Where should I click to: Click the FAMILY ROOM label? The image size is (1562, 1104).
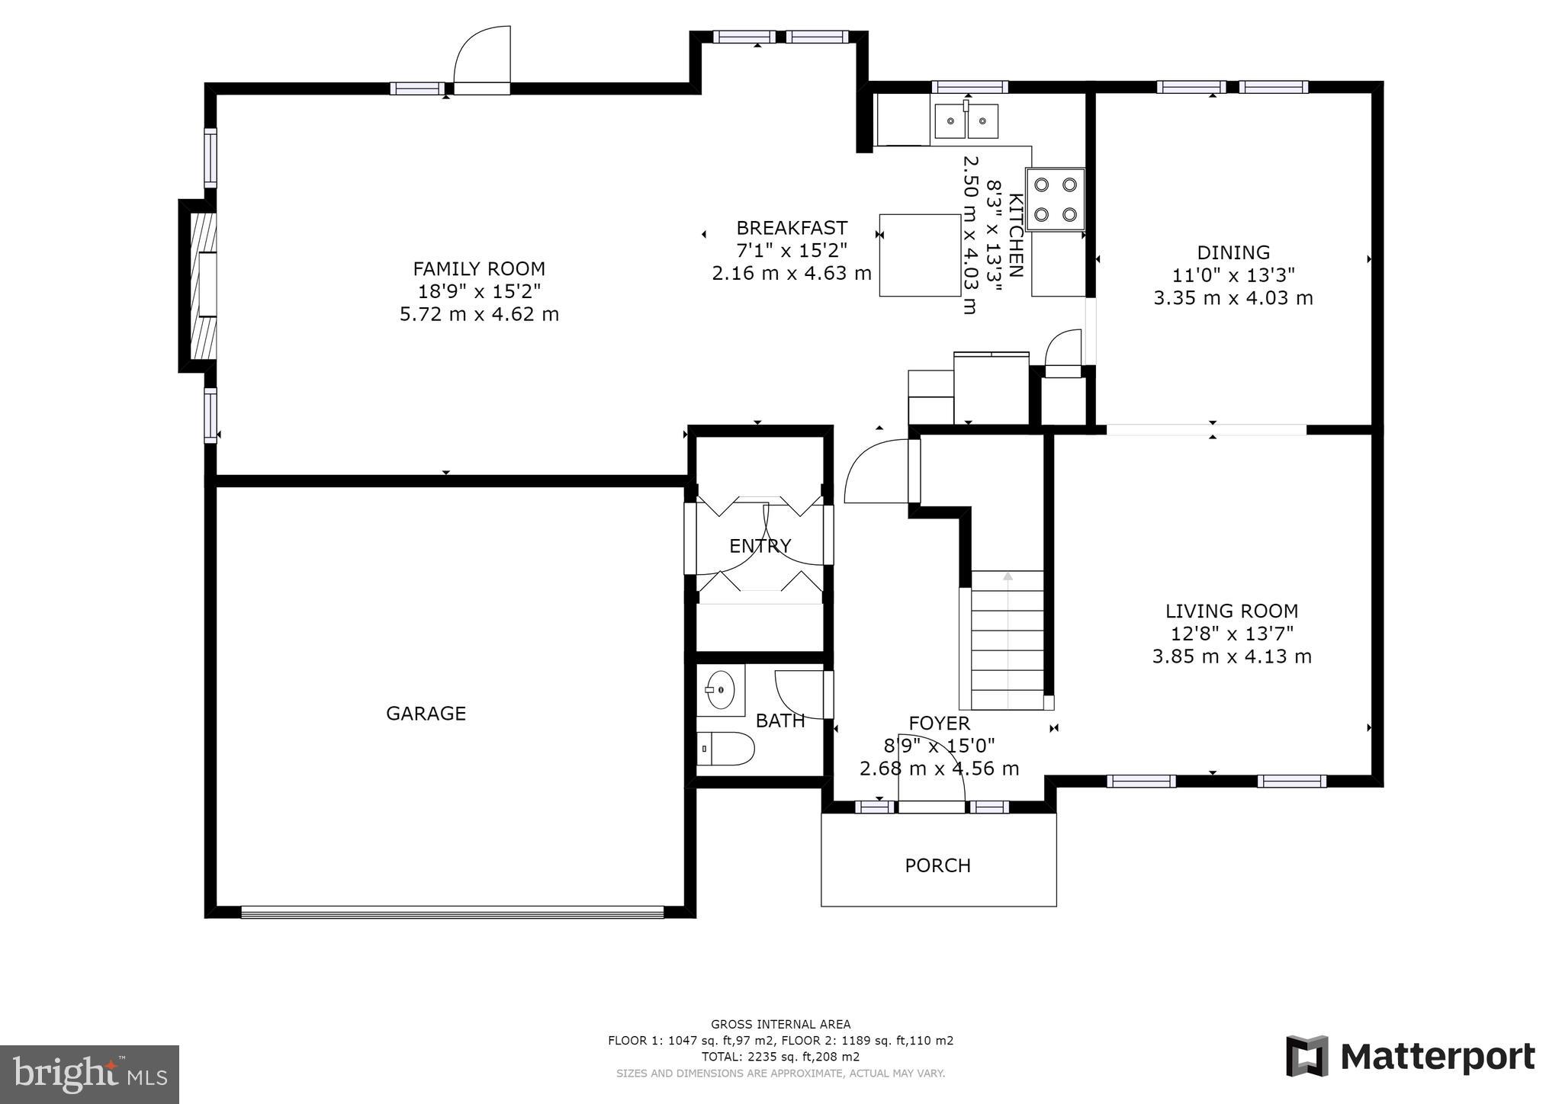point(479,268)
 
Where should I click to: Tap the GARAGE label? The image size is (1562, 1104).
point(426,713)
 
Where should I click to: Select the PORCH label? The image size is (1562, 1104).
point(937,865)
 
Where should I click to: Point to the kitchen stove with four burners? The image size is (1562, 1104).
point(1055,199)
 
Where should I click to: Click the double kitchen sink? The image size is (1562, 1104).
point(966,121)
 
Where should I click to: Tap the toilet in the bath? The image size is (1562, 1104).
point(725,749)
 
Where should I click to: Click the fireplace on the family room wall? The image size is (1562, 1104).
point(198,286)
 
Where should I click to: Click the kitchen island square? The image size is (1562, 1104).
point(920,255)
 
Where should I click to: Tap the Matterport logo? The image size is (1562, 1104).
point(1410,1057)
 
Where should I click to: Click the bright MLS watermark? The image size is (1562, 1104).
point(90,1074)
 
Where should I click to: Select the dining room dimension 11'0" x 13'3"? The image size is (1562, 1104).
point(1233,274)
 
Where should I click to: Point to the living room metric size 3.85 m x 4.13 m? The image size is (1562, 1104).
point(1232,656)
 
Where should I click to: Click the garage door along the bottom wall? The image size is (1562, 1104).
point(452,912)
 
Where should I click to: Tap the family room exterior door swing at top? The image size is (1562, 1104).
point(481,60)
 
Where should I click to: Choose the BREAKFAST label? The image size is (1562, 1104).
point(792,228)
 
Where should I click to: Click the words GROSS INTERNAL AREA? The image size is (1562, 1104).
point(780,1024)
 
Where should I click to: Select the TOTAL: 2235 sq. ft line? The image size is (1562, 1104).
point(780,1057)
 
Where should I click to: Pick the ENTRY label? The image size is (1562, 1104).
point(760,546)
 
